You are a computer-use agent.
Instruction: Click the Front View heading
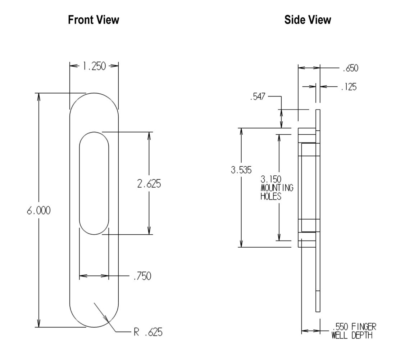click(x=94, y=20)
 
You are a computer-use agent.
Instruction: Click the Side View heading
click(x=308, y=20)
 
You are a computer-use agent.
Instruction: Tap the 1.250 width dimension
click(x=94, y=66)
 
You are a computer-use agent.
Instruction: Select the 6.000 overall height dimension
click(x=38, y=211)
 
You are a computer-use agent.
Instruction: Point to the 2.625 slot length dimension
click(x=149, y=184)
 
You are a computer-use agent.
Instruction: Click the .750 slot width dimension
click(x=142, y=276)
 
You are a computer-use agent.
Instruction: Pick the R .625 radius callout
click(x=148, y=332)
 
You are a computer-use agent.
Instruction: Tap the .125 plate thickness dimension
click(x=349, y=87)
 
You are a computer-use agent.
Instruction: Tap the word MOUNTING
click(x=277, y=188)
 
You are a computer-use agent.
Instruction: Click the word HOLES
click(x=271, y=197)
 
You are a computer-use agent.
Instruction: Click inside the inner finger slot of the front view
click(x=94, y=184)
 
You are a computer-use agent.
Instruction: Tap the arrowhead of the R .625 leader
click(x=107, y=320)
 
